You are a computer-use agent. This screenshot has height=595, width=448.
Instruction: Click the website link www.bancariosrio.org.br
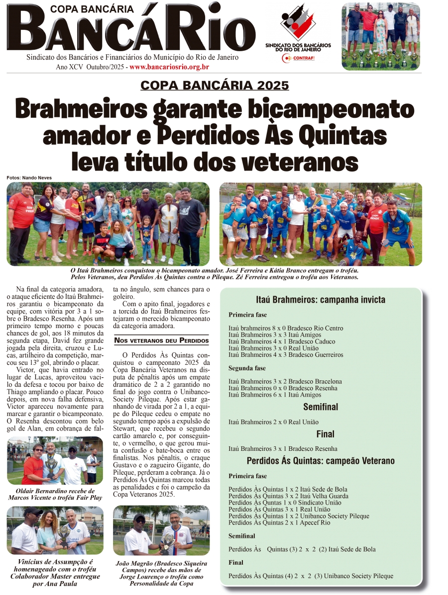coord(169,67)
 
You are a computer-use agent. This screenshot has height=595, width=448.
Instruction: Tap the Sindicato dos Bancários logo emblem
coord(298,22)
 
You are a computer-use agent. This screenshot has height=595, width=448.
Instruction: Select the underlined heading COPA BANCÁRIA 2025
coord(215,85)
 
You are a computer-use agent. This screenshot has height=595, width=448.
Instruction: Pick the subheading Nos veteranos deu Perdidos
coord(161,340)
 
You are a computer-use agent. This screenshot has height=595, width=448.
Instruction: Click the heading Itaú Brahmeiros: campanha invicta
coord(321,300)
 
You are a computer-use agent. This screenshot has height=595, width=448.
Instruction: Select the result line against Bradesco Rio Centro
coord(285,328)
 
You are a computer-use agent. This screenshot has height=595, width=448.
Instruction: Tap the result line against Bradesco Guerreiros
coord(285,355)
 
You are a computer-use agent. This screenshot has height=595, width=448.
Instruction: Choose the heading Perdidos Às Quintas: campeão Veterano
coord(321,461)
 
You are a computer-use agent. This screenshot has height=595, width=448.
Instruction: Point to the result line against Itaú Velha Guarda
coord(288,496)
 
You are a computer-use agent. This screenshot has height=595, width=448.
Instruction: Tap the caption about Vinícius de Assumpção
coord(55,572)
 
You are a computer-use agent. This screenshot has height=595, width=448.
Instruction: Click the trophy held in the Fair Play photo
coord(51,465)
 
